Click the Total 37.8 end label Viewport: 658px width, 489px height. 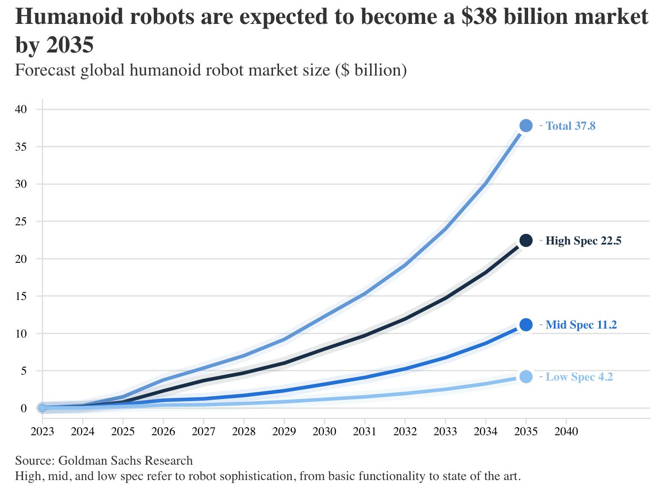(570, 126)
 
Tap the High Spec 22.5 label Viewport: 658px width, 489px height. (583, 241)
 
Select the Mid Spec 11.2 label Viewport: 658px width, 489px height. (581, 325)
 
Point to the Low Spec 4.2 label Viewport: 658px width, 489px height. (579, 377)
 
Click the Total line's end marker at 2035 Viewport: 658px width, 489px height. (526, 125)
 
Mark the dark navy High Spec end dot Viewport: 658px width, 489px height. (526, 241)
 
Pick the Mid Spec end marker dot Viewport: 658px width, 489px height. (526, 325)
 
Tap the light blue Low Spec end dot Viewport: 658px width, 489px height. (526, 377)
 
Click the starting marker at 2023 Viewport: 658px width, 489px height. (42, 408)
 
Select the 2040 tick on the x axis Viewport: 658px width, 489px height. (566, 431)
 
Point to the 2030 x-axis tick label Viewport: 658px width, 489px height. (324, 431)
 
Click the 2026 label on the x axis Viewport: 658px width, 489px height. (163, 431)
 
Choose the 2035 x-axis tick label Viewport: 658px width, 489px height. (526, 431)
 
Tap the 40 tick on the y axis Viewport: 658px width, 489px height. (21, 109)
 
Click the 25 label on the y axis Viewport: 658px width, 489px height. (21, 221)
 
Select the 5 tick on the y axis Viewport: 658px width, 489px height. (24, 371)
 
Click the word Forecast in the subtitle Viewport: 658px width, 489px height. (45, 70)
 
